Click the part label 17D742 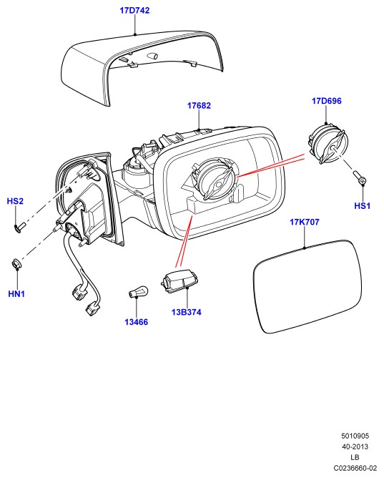134,10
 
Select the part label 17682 199,105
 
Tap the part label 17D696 327,101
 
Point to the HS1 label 362,206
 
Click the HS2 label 15,201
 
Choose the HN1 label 16,294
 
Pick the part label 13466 136,322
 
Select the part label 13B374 187,312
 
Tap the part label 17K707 305,222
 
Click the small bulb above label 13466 138,291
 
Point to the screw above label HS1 360,178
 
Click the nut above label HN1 16,263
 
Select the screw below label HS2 20,227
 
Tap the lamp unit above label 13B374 179,281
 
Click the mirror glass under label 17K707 307,286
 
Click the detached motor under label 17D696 327,143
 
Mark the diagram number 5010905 355,436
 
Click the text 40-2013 355,447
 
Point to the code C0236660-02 355,468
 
